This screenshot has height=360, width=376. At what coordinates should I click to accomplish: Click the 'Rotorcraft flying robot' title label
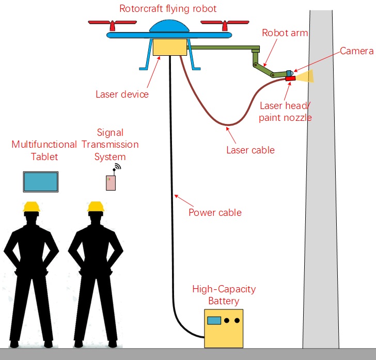click(x=168, y=9)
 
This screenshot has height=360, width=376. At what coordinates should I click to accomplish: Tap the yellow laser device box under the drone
click(x=169, y=48)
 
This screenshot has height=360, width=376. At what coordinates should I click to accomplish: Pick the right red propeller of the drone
click(x=223, y=24)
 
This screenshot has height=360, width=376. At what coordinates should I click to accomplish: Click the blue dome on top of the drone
click(x=168, y=26)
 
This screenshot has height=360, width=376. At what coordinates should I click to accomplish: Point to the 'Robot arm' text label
click(x=285, y=33)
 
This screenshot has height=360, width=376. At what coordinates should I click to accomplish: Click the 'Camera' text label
click(x=356, y=51)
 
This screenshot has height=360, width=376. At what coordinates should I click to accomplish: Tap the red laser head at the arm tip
click(x=290, y=79)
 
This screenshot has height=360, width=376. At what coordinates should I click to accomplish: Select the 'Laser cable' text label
click(x=250, y=150)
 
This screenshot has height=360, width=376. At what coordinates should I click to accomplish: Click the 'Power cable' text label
click(x=215, y=212)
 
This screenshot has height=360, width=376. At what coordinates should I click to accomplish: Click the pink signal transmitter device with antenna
click(x=111, y=182)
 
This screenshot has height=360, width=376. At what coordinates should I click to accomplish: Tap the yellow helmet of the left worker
click(x=32, y=207)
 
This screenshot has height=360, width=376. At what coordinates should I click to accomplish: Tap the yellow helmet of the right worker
click(x=96, y=207)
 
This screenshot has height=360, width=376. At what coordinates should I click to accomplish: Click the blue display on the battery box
click(x=214, y=320)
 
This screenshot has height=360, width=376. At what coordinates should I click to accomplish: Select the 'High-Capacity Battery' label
click(x=224, y=295)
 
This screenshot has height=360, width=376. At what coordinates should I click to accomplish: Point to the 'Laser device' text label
click(x=122, y=95)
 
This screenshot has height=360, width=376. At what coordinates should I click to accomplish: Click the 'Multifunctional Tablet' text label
click(x=44, y=150)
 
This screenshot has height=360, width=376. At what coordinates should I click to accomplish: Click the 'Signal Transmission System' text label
click(x=110, y=145)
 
